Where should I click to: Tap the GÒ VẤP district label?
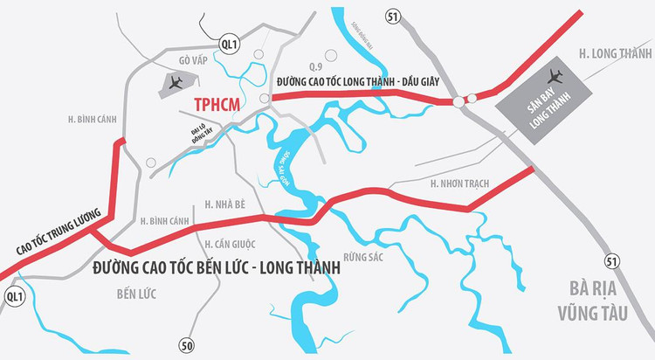[x=196, y=60]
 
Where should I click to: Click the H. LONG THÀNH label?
[x=613, y=53]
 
